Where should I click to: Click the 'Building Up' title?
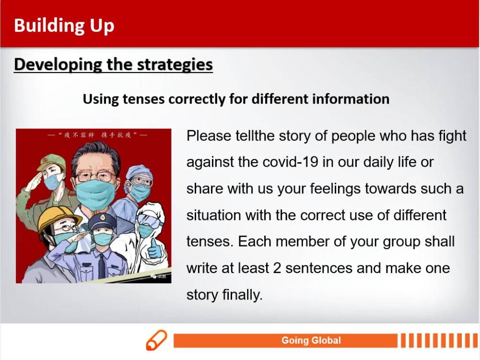(x=64, y=26)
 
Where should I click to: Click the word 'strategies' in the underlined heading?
(x=175, y=65)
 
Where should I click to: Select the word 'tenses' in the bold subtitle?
(x=143, y=99)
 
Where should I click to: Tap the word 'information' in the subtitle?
(x=351, y=99)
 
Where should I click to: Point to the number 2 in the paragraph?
(x=277, y=268)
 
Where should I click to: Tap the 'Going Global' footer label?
(x=311, y=340)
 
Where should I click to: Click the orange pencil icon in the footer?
(x=156, y=340)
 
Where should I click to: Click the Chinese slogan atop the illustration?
(x=98, y=135)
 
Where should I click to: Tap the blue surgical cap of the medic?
(x=139, y=171)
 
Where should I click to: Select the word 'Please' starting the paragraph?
(x=209, y=136)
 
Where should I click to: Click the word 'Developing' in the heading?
(x=58, y=65)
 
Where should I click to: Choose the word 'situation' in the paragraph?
(x=214, y=215)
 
